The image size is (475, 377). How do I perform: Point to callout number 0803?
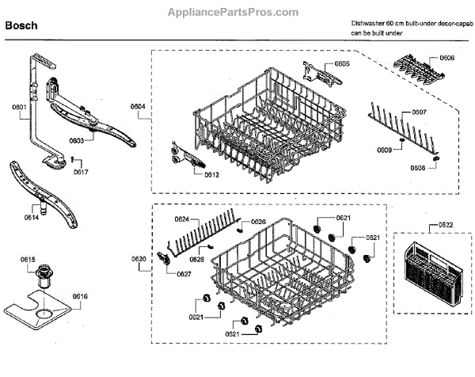tap(77, 141)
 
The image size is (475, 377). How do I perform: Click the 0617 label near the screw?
tap(80, 172)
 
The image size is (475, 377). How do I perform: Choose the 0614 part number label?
tap(31, 216)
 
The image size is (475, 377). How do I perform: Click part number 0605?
tap(342, 63)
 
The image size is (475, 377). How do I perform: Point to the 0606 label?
tap(446, 58)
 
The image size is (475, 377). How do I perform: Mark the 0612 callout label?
tap(211, 174)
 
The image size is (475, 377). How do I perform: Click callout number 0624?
tap(180, 219)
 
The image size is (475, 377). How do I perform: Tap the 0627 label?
tap(184, 274)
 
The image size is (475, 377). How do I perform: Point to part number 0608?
tap(417, 168)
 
